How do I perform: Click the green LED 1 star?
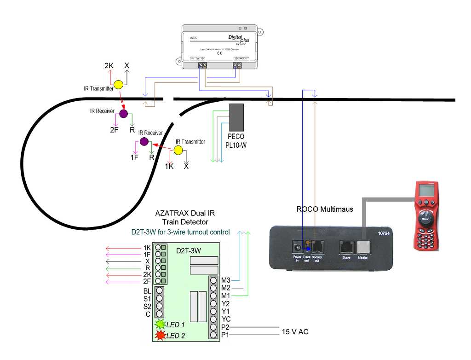pos(160,325)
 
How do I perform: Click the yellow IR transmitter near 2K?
pos(118,85)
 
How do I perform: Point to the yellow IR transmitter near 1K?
pos(178,150)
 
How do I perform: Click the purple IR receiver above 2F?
pos(123,114)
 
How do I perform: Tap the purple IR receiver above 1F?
pos(144,141)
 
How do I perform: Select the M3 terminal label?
pos(225,280)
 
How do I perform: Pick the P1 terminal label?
pos(225,335)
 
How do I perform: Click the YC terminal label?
pos(225,319)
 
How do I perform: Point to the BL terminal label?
pos(147,291)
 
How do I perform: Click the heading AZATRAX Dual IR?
pos(185,214)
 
